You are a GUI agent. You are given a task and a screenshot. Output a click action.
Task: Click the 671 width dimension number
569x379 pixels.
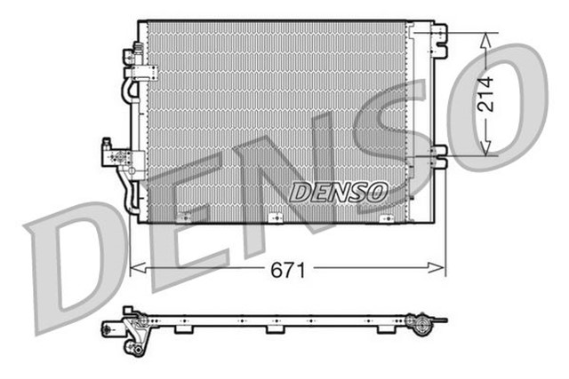286,271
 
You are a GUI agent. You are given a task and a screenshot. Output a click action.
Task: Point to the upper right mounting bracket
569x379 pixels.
437,35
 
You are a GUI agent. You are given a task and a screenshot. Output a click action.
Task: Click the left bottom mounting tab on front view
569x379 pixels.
184,217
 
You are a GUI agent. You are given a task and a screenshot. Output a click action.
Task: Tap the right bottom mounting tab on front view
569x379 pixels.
384,217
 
